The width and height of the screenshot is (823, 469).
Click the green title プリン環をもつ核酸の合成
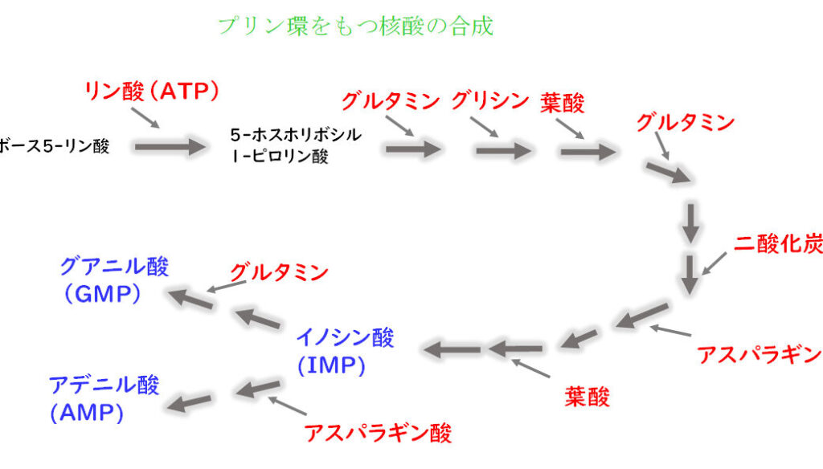coord(355,26)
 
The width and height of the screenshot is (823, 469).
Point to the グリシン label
coord(489,101)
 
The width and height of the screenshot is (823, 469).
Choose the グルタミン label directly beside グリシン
coord(391,101)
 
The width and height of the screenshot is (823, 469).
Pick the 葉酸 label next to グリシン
coord(563,102)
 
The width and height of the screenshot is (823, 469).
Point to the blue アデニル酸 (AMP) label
coord(104,398)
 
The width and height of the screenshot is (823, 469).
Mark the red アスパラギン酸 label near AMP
coord(378,433)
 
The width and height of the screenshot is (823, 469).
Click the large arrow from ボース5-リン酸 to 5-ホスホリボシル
coord(171,146)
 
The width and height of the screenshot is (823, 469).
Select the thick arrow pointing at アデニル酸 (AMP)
coord(192,399)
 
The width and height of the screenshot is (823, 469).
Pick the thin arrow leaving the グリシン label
coord(485,127)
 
